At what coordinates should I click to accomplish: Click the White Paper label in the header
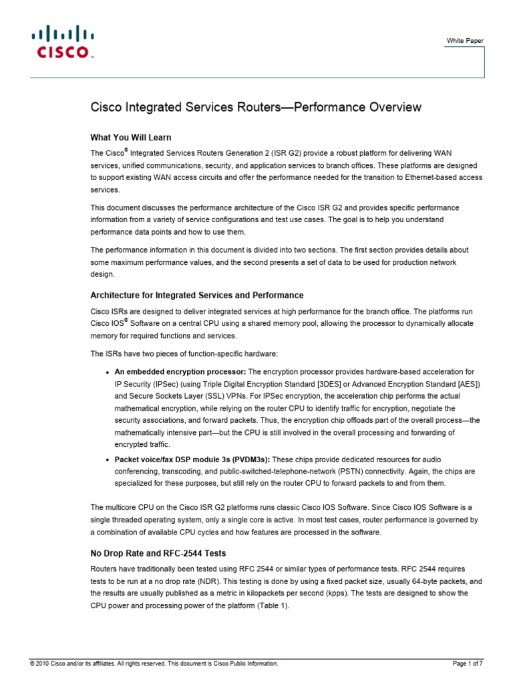[x=465, y=41]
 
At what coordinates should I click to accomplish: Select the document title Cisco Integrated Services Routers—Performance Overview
[x=256, y=107]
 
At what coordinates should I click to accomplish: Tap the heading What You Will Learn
[x=131, y=137]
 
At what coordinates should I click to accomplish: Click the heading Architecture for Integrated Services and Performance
[x=197, y=295]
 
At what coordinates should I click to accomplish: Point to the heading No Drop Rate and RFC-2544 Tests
[x=158, y=553]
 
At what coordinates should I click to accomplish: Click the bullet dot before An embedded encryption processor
[x=108, y=372]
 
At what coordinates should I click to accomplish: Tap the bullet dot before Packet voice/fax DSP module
[x=108, y=460]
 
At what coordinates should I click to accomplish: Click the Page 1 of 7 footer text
[x=468, y=664]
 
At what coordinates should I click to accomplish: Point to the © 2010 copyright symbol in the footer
[x=31, y=664]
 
